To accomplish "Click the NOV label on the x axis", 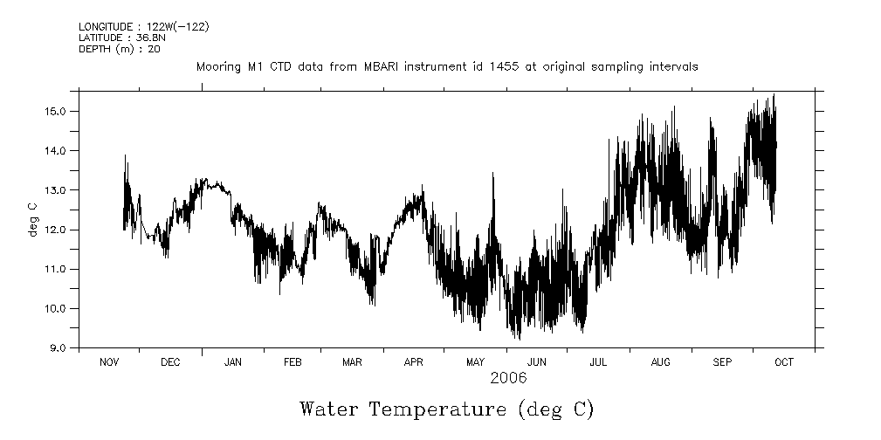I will (109, 362).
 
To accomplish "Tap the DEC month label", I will (170, 362).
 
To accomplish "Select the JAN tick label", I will (232, 362).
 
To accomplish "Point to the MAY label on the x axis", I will (475, 362).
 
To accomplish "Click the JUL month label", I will (599, 362).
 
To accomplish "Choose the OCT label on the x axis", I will (783, 362).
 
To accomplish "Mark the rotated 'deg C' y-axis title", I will (33, 218).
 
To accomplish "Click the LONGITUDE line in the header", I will (143, 26).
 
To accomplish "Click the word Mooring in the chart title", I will (217, 67).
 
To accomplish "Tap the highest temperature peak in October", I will (774, 95).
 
